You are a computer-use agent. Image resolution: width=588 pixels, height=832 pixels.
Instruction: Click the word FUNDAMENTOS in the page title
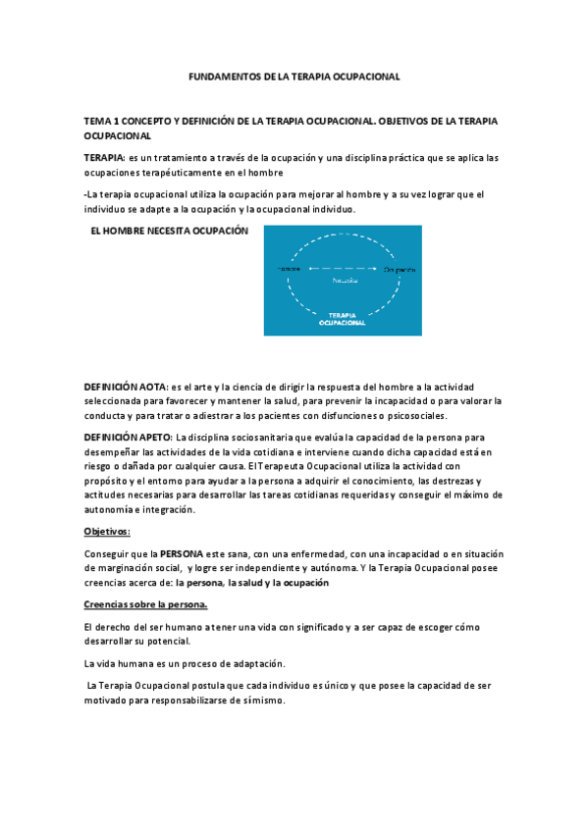click(x=218, y=76)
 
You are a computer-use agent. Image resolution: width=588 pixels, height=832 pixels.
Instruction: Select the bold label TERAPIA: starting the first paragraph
click(x=104, y=157)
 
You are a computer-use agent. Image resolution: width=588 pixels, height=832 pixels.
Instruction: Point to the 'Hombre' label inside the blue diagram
click(x=289, y=268)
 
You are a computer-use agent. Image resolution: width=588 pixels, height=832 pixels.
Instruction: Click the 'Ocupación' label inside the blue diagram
click(x=400, y=268)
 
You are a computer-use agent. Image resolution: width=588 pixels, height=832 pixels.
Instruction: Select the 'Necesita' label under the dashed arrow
click(x=343, y=280)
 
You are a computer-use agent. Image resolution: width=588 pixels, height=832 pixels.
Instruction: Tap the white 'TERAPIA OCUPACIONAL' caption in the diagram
click(x=343, y=318)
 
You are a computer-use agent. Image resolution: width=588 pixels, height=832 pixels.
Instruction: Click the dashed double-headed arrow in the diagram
click(x=343, y=268)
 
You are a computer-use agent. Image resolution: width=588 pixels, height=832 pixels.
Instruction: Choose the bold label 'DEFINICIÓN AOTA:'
click(x=126, y=388)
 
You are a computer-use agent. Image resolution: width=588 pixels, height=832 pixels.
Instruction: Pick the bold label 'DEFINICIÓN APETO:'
click(x=129, y=437)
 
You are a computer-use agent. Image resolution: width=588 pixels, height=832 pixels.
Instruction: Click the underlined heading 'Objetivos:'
click(x=107, y=532)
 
